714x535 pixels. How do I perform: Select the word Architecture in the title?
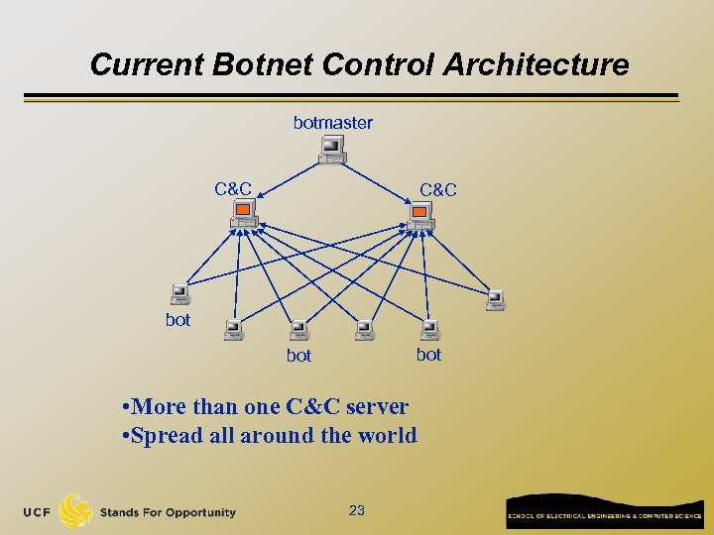pos(535,65)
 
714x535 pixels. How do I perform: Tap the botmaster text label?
pos(333,123)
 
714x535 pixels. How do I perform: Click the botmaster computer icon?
pos(332,150)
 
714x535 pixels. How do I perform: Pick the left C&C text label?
pos(233,188)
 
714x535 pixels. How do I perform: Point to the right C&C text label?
pos(438,189)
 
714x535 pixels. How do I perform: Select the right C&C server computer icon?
pos(420,215)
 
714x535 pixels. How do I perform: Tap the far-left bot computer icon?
pos(179,293)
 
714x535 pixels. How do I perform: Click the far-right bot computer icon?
pos(495,298)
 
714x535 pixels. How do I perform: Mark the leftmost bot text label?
pos(178,320)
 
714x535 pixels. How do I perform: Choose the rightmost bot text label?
pos(428,354)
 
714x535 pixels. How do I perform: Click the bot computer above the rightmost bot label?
pos(429,329)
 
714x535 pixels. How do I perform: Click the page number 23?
pos(357,510)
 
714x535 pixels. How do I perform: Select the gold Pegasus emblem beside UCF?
pos(76,511)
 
